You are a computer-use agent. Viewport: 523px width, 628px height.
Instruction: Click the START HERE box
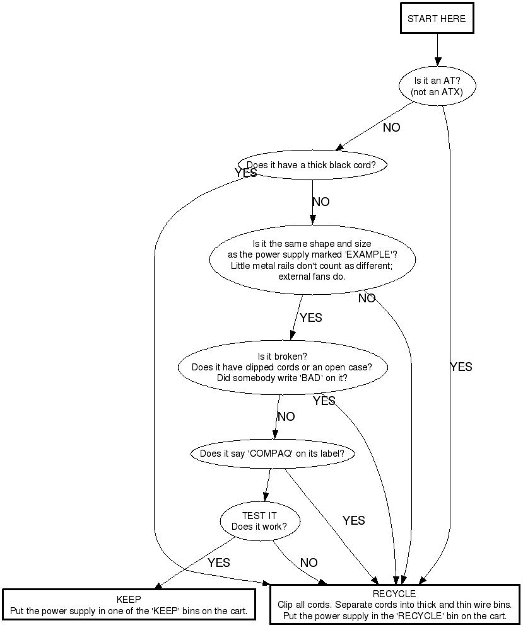coord(437,18)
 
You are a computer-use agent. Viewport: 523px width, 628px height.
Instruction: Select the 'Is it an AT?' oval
coord(437,86)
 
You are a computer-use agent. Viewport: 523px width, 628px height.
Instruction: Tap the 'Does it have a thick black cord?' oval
coord(312,164)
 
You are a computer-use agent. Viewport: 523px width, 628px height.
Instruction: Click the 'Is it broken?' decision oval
coord(283,367)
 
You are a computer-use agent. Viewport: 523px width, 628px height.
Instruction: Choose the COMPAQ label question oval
coord(273,454)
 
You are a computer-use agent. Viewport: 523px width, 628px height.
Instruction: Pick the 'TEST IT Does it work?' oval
coord(259,521)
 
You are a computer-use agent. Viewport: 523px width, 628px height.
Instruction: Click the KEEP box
coord(129,605)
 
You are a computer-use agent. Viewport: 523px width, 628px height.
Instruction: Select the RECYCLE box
coord(395,605)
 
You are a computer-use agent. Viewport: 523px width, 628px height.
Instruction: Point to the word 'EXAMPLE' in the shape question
coord(368,254)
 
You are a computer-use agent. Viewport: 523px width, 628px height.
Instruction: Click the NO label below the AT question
coord(391,127)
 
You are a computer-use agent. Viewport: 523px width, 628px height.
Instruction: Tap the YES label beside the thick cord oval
coord(246,173)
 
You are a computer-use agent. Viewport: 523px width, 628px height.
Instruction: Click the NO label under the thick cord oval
coord(321,202)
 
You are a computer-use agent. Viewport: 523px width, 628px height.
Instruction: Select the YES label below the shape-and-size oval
coord(311,317)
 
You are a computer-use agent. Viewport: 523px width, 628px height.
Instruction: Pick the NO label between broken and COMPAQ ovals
coord(286,416)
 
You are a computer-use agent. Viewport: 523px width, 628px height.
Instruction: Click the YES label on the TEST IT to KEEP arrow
coord(218,562)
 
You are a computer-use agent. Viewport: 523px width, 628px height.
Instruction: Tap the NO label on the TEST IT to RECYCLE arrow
coord(309,562)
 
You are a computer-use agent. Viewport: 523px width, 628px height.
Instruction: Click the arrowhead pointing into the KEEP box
coord(158,586)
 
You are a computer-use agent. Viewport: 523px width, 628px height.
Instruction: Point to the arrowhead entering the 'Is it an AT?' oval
coord(438,61)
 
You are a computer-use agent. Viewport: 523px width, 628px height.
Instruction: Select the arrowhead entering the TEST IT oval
coord(266,496)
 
